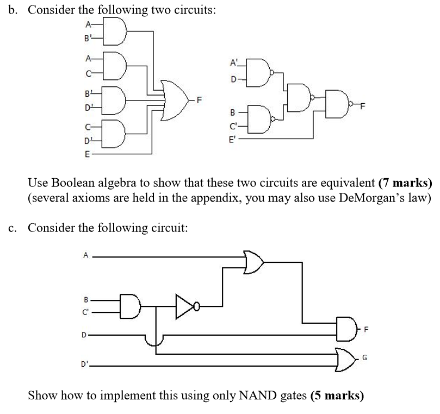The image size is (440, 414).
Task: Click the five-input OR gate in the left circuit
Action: (x=175, y=99)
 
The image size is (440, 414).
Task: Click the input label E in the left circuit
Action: (x=86, y=153)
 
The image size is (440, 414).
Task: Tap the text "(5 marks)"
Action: (x=337, y=395)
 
